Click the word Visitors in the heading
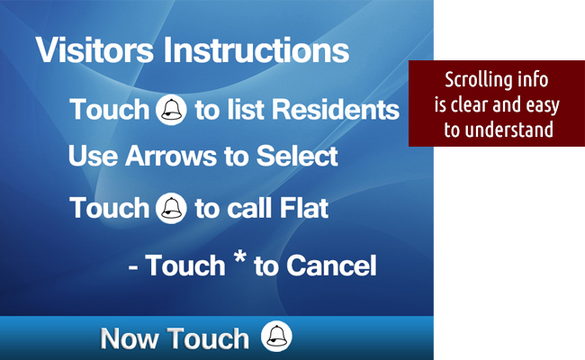[x=94, y=50]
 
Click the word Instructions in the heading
[x=256, y=50]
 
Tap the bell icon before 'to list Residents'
[x=171, y=110]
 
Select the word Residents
[x=336, y=110]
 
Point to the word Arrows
[x=170, y=156]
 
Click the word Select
[x=297, y=156]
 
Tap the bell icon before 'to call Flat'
[x=171, y=208]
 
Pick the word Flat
[x=304, y=208]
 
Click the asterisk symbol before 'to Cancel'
[x=240, y=257]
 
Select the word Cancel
[x=331, y=265]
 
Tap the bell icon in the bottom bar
[x=276, y=336]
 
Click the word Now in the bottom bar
[x=129, y=338]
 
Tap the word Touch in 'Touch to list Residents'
[x=109, y=110]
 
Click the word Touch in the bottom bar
[x=207, y=338]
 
